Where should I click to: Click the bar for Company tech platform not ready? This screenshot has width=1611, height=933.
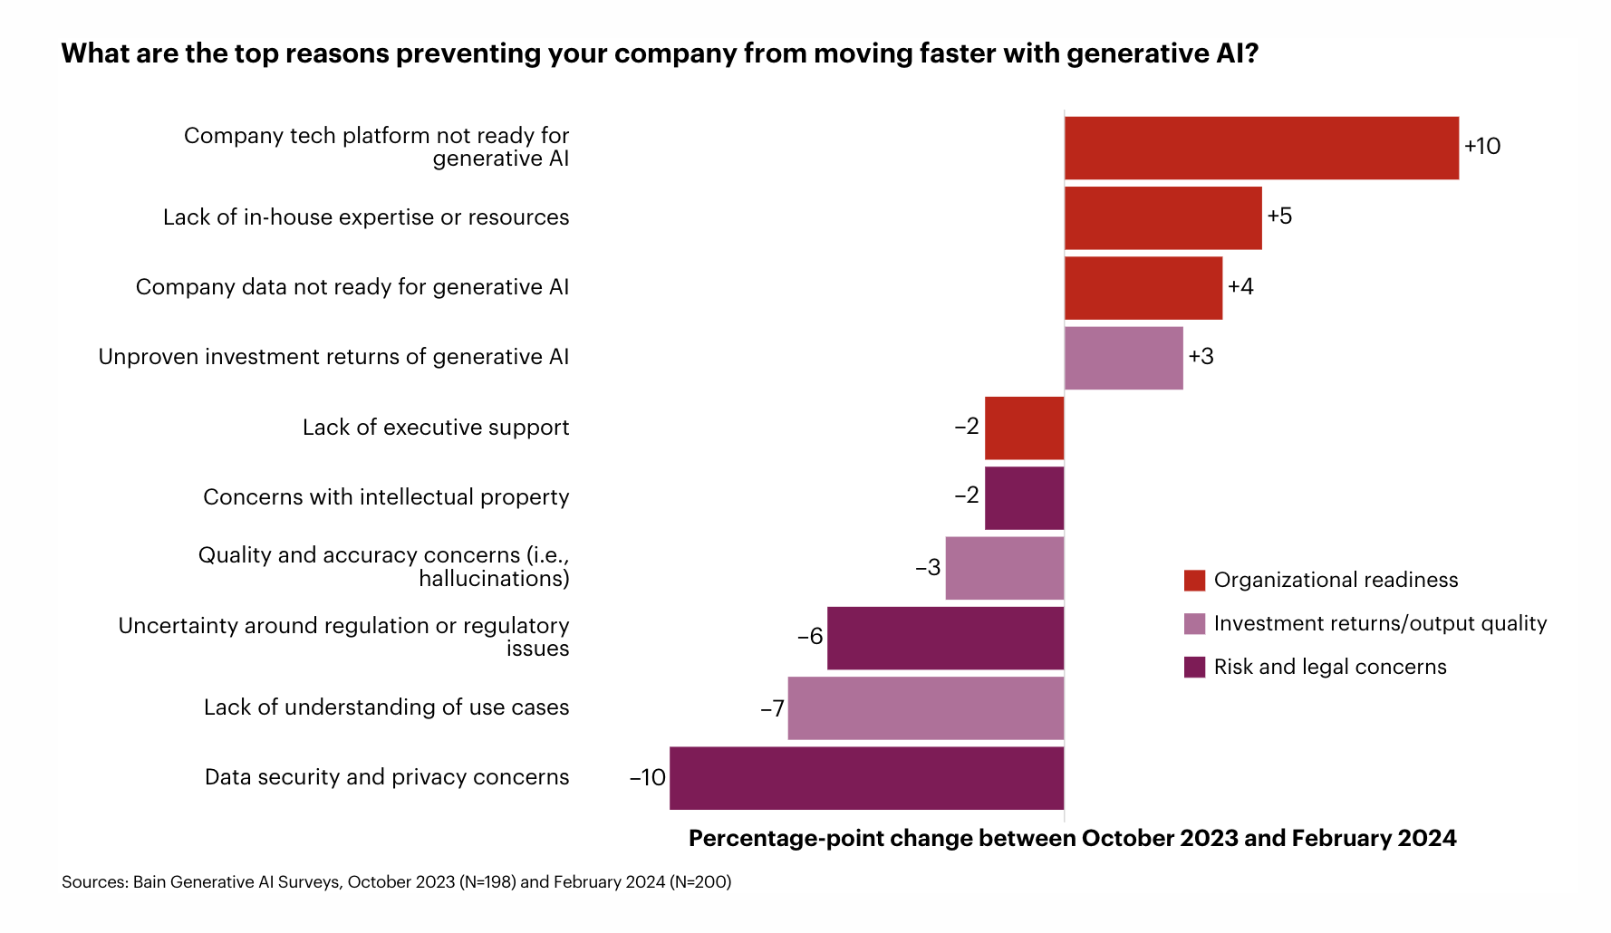coord(1261,148)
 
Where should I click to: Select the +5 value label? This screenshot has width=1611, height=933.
coord(1279,216)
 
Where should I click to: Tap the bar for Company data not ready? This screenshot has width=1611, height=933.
coord(1143,288)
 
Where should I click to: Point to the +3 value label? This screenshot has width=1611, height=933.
coord(1201,357)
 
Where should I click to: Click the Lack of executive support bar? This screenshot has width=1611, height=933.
coord(1024,428)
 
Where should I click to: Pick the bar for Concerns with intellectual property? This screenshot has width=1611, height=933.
coord(1024,497)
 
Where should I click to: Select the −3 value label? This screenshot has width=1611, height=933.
coord(928,568)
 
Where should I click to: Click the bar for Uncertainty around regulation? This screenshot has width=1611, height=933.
coord(945,638)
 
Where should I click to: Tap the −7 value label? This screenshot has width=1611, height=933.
coord(772,708)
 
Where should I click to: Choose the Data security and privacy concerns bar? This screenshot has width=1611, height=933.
coord(866,778)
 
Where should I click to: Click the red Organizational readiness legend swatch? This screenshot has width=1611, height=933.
coord(1194,581)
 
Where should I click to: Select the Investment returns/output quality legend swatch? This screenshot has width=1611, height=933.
coord(1194,624)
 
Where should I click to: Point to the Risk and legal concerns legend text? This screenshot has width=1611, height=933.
coord(1330,668)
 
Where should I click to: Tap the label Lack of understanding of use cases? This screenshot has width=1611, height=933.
coord(386,707)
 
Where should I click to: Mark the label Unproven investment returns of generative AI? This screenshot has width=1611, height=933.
coord(333,357)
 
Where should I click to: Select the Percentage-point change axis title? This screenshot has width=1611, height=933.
coord(1072,838)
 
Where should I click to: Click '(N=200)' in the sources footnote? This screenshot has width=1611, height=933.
coord(699,882)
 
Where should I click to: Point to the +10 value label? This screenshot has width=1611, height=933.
coord(1482,147)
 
